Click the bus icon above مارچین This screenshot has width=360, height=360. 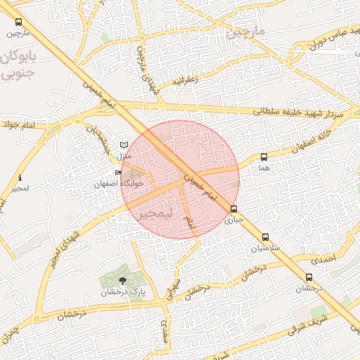click(x=18, y=22)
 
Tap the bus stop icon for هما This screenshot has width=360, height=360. click(x=264, y=157)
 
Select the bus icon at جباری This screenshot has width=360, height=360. click(x=234, y=209)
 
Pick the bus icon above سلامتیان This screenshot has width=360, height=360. click(x=265, y=238)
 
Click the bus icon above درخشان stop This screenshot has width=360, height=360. click(x=309, y=277)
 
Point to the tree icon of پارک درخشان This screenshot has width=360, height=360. click(x=124, y=280)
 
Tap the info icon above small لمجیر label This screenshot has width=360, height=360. click(x=20, y=178)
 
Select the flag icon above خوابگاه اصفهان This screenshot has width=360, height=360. click(x=118, y=173)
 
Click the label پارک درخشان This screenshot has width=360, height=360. click(x=117, y=292)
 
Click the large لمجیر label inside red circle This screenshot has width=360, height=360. click(x=154, y=212)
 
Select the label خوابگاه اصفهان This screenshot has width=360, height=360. click(x=119, y=184)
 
